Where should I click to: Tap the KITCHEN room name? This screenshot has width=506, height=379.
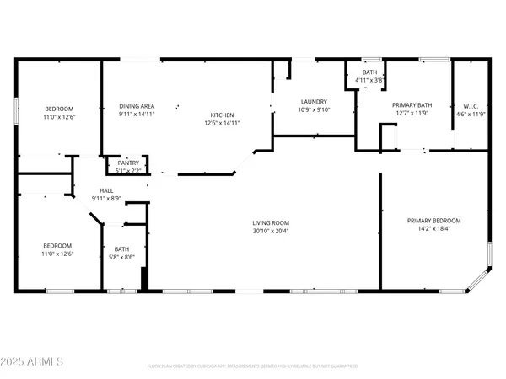click(223, 115)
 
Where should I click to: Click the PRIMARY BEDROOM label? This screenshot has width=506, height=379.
click(434, 221)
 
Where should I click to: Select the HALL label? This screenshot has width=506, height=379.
click(106, 191)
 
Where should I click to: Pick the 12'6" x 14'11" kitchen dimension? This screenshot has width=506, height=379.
click(223, 124)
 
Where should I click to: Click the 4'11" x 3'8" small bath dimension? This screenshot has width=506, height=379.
click(369, 81)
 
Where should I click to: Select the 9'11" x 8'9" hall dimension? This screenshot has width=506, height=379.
click(106, 199)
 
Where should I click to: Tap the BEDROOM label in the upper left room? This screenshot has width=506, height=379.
click(59, 109)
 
